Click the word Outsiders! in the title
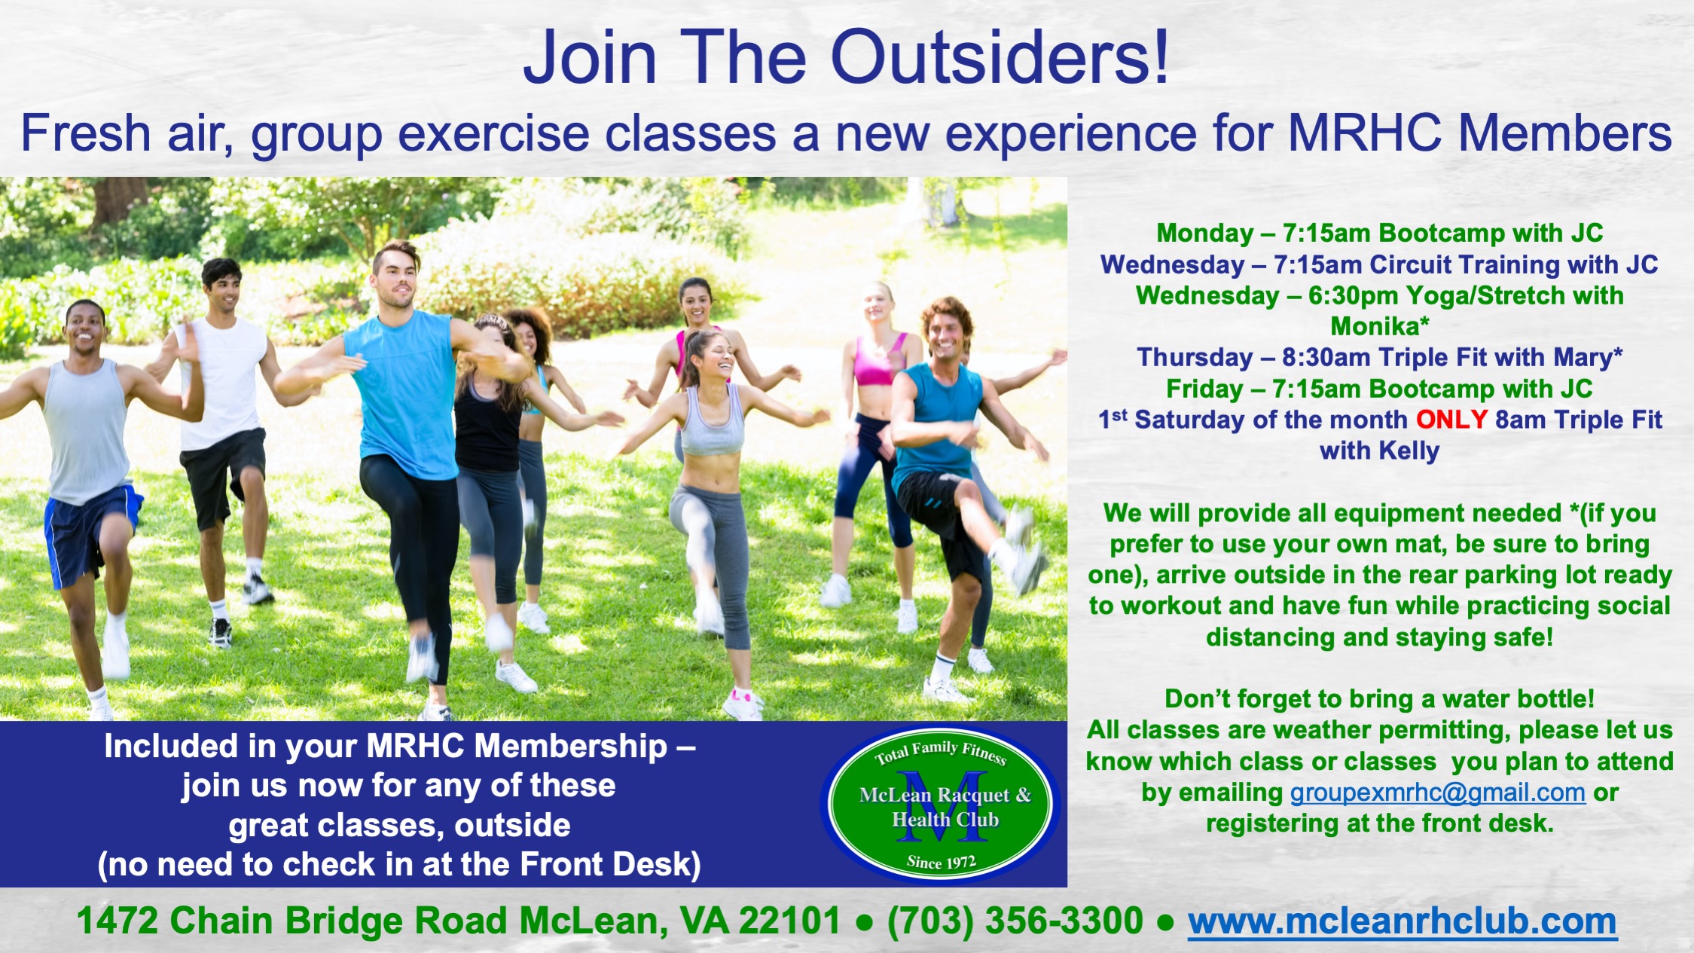(1000, 58)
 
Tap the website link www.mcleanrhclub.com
(1402, 921)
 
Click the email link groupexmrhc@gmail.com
(1438, 793)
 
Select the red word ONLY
(1451, 420)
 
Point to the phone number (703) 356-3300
(1015, 921)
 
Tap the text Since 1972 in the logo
(941, 862)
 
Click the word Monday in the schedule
(1204, 234)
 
